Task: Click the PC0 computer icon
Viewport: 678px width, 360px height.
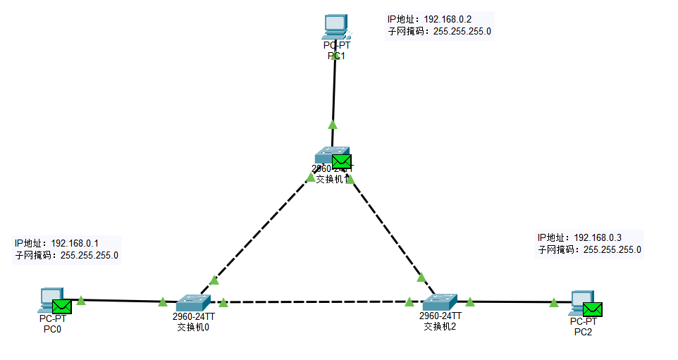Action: [50, 299]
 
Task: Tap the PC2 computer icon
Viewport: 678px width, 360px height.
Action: [580, 302]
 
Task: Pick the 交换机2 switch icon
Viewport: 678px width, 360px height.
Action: [440, 303]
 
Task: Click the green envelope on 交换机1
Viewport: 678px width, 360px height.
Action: [341, 161]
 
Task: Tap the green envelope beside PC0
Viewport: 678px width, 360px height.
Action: [62, 306]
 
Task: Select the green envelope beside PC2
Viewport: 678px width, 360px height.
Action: [592, 309]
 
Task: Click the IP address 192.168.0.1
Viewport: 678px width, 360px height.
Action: [75, 243]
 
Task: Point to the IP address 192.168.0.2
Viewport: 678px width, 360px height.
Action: [448, 19]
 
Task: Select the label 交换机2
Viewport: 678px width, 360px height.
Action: [440, 326]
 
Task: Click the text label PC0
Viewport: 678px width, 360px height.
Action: [52, 328]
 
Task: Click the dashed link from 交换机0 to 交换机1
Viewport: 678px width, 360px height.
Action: [257, 232]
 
